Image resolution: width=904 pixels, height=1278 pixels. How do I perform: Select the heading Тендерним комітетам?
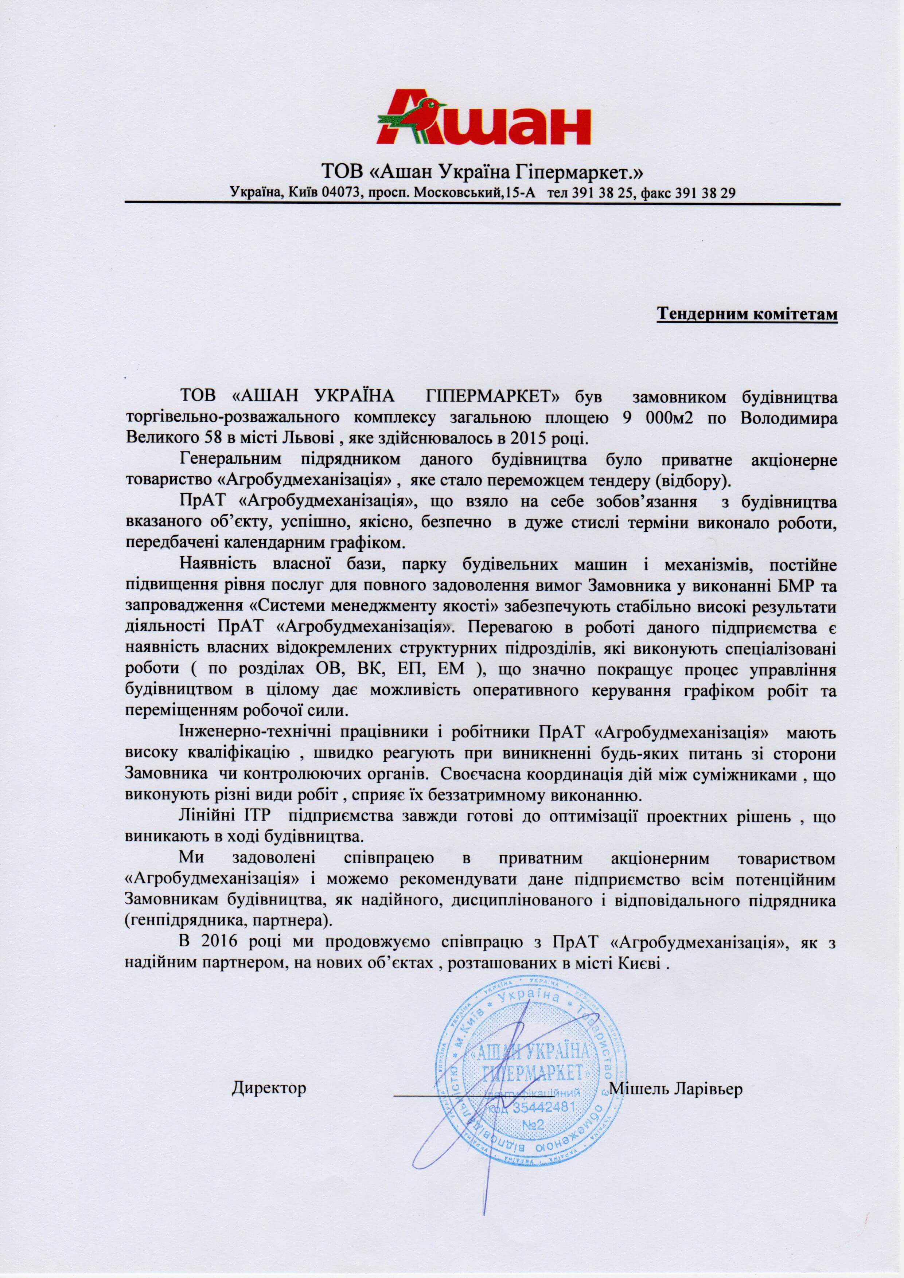[748, 314]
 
